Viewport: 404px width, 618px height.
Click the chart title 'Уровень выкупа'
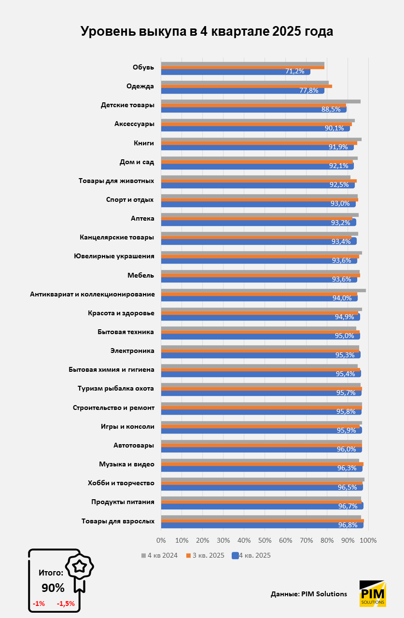207,31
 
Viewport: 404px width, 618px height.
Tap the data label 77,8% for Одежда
308,90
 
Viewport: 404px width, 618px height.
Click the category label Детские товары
127,105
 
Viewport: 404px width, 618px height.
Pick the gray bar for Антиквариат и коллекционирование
263,291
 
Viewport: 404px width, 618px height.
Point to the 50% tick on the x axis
265,539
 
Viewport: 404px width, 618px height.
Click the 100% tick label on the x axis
368,539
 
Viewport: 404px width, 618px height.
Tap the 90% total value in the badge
53,588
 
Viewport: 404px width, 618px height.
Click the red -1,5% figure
66,604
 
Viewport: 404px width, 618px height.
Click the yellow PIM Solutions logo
373,593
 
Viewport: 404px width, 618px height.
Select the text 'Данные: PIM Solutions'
309,594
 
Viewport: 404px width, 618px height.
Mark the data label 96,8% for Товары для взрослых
347,525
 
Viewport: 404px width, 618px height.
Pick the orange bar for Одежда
246,86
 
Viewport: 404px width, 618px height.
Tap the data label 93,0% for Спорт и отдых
340,203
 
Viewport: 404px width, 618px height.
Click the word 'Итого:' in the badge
51,573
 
